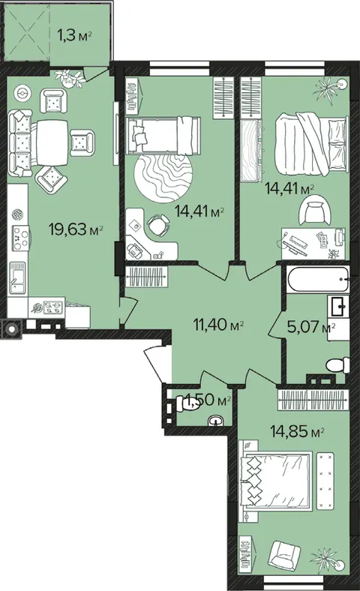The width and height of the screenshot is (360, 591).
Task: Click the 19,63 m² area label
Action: pos(76,229)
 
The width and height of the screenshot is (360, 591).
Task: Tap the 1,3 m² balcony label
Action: pos(75,36)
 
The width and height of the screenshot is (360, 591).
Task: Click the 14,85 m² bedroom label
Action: pos(298,431)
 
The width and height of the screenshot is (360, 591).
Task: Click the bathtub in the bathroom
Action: pos(318,279)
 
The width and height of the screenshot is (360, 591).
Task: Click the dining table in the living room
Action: pos(52,142)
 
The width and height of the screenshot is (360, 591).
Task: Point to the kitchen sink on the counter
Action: pos(17,277)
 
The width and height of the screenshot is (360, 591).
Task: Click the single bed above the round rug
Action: pos(163,135)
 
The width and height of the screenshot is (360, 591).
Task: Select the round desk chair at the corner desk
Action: pos(157,225)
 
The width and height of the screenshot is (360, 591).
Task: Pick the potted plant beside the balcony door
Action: pos(70,79)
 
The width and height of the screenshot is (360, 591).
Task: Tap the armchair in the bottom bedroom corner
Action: pos(286,555)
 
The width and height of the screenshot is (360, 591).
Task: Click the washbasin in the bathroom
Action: pos(339,306)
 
